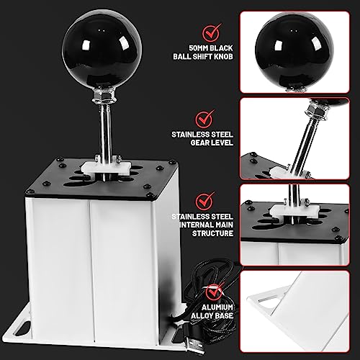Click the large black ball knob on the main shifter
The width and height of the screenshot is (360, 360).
point(102,49)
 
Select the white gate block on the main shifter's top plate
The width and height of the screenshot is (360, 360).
point(106,168)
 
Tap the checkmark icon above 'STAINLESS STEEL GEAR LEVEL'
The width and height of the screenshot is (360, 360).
point(205,119)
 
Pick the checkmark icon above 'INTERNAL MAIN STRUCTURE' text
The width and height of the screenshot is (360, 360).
point(205,201)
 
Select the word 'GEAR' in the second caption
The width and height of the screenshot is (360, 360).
point(200,143)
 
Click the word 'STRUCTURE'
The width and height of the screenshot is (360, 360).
point(212,233)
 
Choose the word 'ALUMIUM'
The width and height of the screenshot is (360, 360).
point(217,307)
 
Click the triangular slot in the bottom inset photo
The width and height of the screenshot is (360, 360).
point(270,302)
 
